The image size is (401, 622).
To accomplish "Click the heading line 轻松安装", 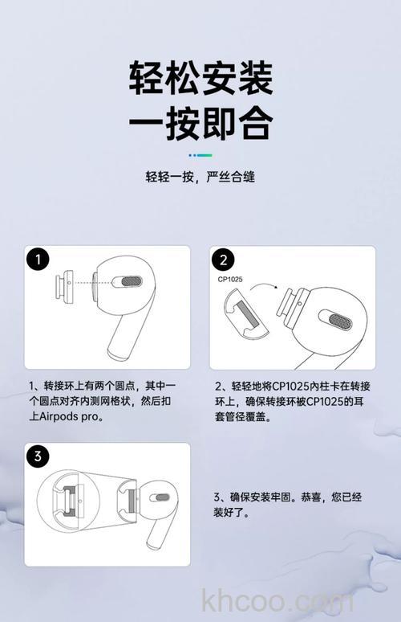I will pyautogui.click(x=200, y=79).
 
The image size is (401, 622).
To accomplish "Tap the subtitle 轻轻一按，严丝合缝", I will pyautogui.click(x=200, y=177).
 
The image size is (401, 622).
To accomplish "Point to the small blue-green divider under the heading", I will pyautogui.click(x=200, y=154).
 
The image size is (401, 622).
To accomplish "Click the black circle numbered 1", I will pyautogui.click(x=38, y=260).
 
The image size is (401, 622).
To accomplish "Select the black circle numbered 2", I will pyautogui.click(x=222, y=260).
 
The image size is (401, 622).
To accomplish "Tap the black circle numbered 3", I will pyautogui.click(x=38, y=456).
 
